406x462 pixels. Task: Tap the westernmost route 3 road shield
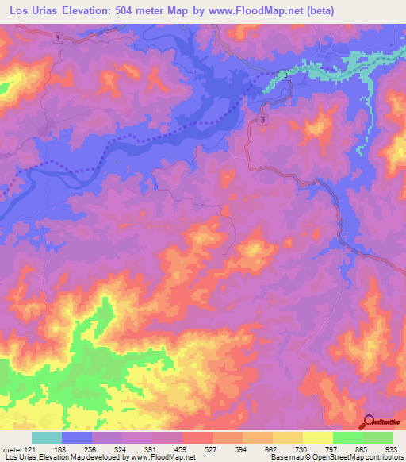point(59,37)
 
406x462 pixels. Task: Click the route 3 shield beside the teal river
point(284,75)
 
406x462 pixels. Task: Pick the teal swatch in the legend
point(46,437)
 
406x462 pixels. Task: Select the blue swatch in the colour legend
point(77,437)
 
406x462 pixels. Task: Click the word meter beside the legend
point(12,450)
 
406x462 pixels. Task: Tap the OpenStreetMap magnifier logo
point(368,421)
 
